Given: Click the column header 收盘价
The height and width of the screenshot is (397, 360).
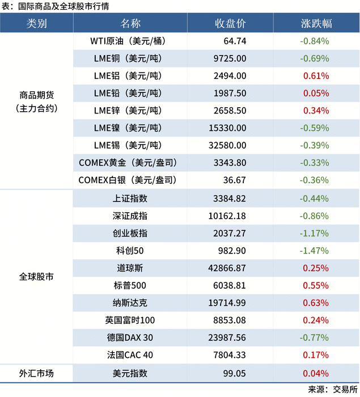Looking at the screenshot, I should click(230, 23).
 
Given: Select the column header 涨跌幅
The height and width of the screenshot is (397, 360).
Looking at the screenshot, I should click(316, 23).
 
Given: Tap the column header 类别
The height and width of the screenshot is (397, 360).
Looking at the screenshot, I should click(37, 23).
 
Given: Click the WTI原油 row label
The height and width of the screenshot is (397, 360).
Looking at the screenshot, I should click(130, 41).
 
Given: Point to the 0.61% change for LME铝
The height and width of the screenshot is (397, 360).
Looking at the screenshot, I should click(316, 75).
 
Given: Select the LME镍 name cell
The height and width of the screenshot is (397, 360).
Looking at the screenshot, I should click(130, 128).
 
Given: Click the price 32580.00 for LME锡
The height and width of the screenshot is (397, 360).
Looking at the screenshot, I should click(227, 145).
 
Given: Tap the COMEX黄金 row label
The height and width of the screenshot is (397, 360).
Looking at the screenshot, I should click(130, 163).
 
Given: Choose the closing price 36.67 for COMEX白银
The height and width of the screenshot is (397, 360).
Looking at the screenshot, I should click(235, 180).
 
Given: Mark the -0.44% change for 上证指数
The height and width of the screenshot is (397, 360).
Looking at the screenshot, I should click(314, 198).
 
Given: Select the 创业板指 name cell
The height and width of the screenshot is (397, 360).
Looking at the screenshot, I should click(130, 233).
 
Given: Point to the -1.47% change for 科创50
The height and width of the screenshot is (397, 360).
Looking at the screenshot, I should click(314, 251).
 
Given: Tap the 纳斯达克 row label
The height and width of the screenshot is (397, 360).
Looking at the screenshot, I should click(130, 303).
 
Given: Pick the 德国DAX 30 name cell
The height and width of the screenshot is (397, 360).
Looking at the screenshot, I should click(130, 337).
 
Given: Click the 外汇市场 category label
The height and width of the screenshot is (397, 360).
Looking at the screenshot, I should click(37, 373).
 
